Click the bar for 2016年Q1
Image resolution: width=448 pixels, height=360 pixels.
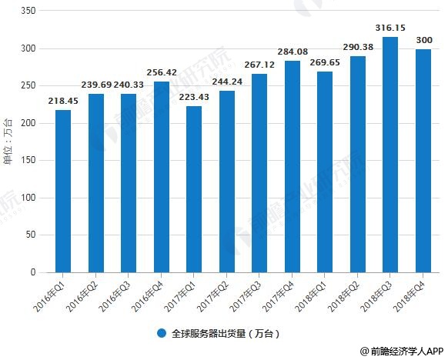click(x=63, y=191)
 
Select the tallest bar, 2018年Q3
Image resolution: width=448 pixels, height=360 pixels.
click(x=391, y=155)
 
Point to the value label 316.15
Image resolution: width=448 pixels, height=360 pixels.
click(x=391, y=28)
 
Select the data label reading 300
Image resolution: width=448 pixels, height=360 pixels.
click(x=424, y=41)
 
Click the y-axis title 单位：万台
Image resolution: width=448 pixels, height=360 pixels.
click(x=8, y=138)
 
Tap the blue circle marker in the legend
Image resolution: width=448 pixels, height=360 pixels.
click(x=162, y=334)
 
